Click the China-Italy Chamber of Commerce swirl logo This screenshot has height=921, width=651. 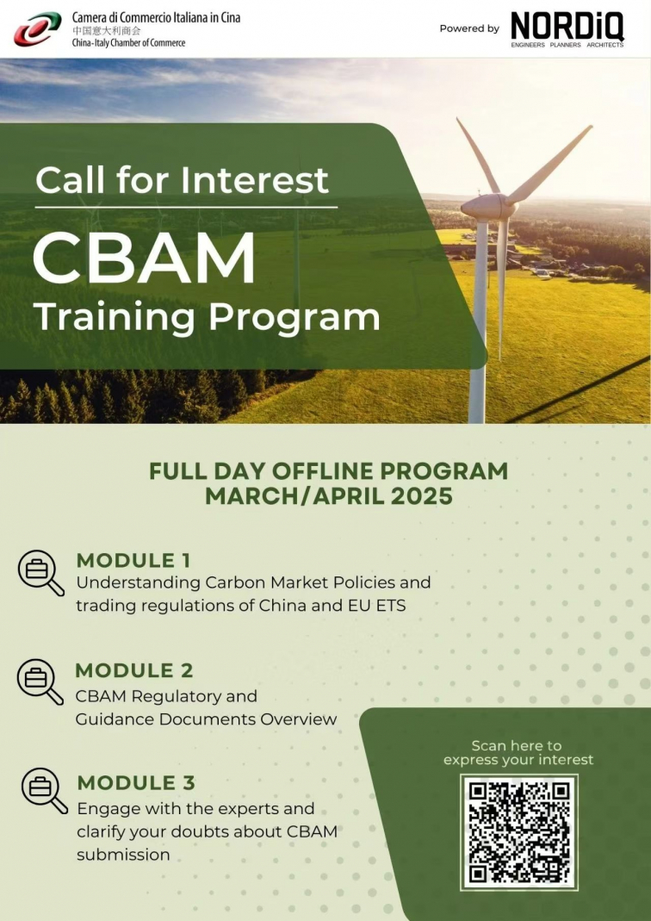(x=38, y=28)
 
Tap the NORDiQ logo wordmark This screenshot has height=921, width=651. (x=567, y=27)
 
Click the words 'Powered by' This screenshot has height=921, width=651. (x=469, y=28)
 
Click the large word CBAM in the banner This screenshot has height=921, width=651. (x=145, y=258)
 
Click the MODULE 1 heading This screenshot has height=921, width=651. (x=133, y=560)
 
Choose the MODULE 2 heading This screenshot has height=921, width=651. (x=133, y=670)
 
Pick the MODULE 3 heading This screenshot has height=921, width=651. (x=136, y=782)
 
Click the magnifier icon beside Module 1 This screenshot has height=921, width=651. (x=41, y=573)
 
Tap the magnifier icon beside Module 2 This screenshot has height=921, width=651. (x=40, y=682)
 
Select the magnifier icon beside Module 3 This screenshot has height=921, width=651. (x=45, y=791)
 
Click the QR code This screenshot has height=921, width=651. (x=519, y=832)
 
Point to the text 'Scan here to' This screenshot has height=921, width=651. (x=517, y=746)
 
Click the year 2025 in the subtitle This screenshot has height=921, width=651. (x=422, y=496)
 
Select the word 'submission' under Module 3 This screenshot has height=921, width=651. (x=123, y=854)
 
